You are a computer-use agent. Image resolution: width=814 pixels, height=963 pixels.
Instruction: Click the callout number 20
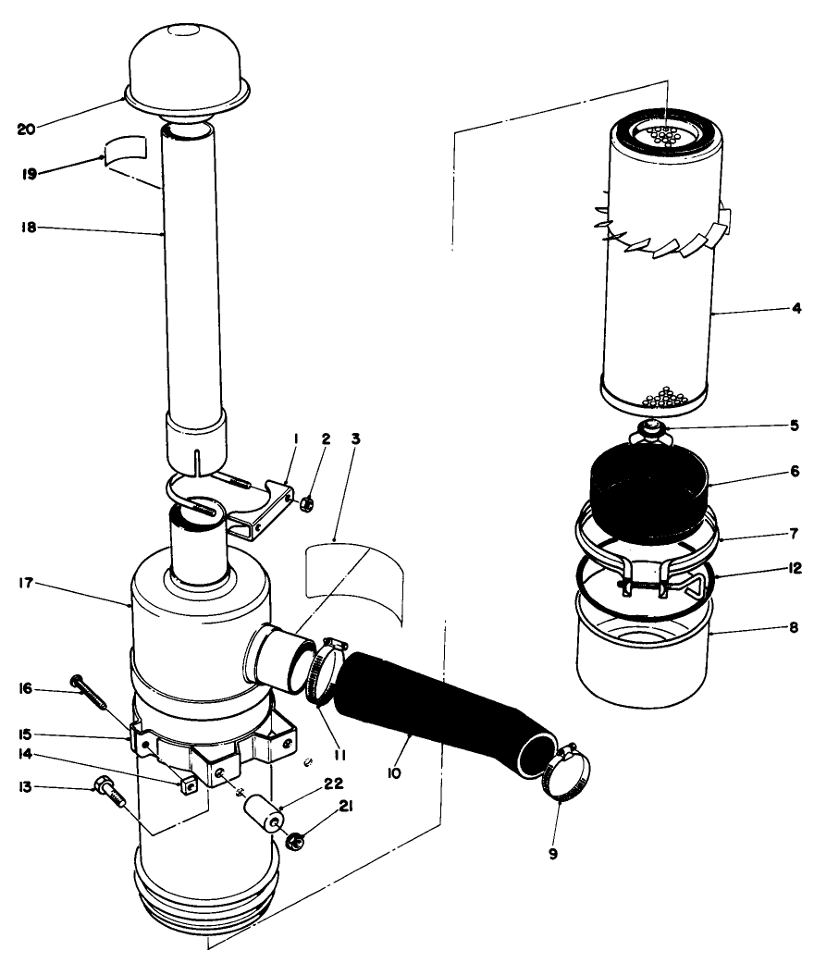point(25,128)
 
